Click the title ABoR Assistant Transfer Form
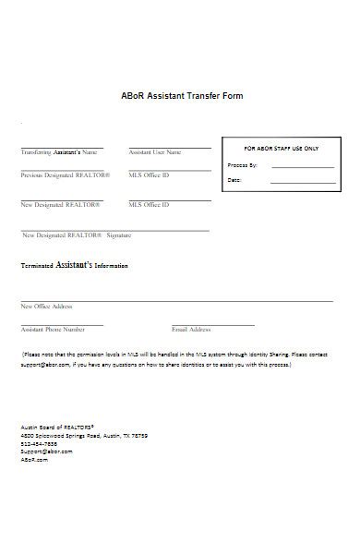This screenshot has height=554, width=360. [x=182, y=95]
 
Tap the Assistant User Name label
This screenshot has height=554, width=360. [x=155, y=151]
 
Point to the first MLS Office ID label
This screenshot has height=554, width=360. [x=149, y=175]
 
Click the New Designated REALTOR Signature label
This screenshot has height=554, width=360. [x=76, y=235]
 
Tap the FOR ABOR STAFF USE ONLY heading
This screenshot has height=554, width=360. [x=281, y=148]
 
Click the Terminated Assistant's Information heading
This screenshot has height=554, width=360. [x=74, y=265]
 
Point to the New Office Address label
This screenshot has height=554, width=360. [x=46, y=306]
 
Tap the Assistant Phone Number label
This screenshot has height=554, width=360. [x=53, y=329]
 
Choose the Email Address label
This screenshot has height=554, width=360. [x=191, y=329]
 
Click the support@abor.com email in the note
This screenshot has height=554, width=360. [x=43, y=364]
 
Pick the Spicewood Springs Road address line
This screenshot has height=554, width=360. [x=83, y=435]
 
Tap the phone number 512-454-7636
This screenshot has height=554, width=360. [x=39, y=443]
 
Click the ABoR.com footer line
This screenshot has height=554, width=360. [x=34, y=459]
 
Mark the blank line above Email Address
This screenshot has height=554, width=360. [x=213, y=324]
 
